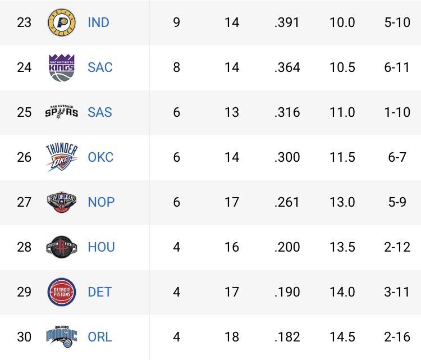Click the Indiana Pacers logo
(x=62, y=22)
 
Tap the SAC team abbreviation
(x=100, y=67)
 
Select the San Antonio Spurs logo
(x=62, y=112)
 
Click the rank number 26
(x=24, y=157)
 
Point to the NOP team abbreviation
(x=101, y=202)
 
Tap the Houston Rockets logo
(x=62, y=247)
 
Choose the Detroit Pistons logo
(x=62, y=292)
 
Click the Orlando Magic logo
(x=62, y=336)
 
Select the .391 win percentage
(x=287, y=22)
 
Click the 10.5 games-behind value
(x=342, y=67)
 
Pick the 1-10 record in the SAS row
(x=397, y=112)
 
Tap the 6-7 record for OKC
(x=397, y=157)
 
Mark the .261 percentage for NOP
(x=287, y=202)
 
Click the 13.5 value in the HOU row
(x=342, y=247)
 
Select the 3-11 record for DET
(x=397, y=292)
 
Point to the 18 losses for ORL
(x=232, y=337)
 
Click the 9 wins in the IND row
(x=177, y=22)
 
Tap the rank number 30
(x=24, y=337)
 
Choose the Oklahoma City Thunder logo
(x=62, y=157)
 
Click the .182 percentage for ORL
(x=287, y=337)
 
